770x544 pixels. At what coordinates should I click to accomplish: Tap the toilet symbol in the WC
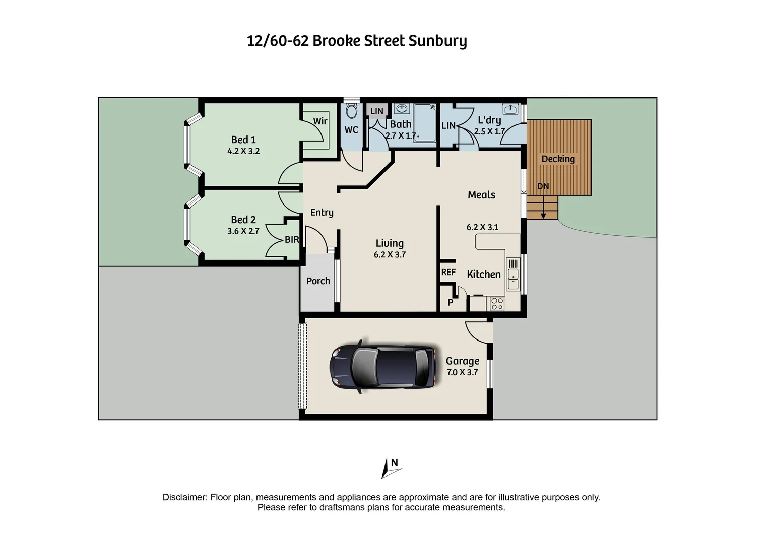352,110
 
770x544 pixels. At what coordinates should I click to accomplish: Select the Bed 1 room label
243,140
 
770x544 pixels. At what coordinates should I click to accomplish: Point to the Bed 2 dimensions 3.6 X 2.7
243,231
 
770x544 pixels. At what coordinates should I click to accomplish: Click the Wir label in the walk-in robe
320,121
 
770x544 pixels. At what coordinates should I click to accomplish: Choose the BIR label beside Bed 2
292,240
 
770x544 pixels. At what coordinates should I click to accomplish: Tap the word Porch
318,281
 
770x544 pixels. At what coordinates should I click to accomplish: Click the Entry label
322,212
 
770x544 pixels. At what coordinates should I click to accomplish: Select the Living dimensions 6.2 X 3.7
390,255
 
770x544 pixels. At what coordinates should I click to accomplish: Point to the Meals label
481,195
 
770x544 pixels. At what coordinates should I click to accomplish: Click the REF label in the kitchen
448,272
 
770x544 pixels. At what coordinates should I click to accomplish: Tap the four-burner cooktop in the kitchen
497,304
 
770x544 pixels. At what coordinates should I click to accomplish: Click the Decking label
558,159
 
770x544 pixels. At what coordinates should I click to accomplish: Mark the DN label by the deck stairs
543,186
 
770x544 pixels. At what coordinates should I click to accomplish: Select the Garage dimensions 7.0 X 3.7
462,373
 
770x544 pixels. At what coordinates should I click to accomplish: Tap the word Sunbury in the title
437,41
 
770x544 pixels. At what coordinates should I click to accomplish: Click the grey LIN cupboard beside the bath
377,111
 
